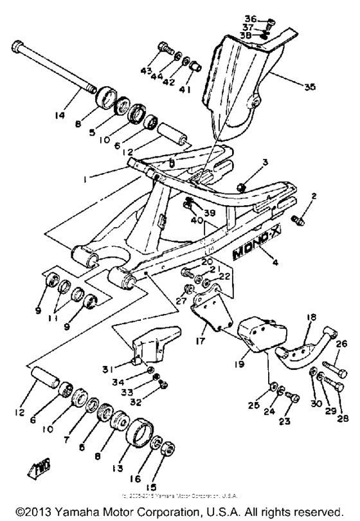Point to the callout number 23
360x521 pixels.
pos(284,422)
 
